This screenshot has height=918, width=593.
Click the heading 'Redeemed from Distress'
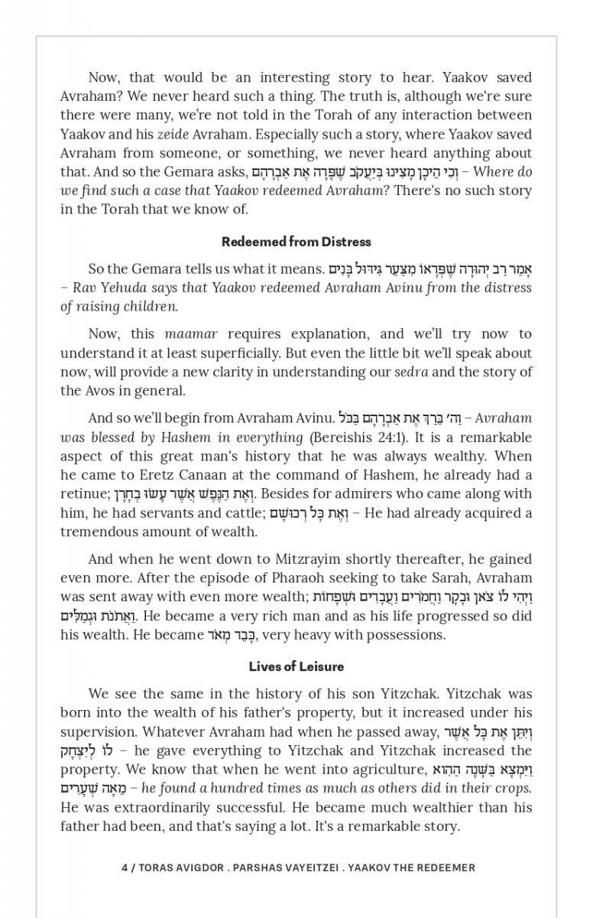[296, 242]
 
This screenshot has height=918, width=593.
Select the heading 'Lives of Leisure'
[296, 666]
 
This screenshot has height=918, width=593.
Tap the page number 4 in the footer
[125, 868]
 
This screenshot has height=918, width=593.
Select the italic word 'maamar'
[191, 334]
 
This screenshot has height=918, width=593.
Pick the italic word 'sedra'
[411, 372]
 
